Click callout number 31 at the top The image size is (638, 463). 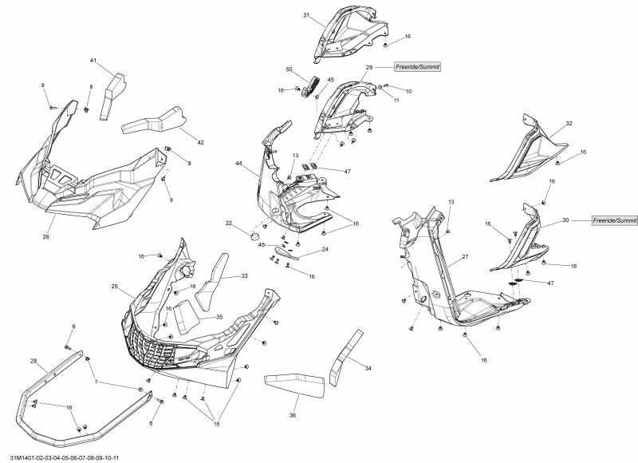[306, 16]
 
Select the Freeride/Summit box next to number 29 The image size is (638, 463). [418, 67]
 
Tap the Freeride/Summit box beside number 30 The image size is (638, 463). [615, 220]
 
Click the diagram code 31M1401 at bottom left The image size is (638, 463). [61, 457]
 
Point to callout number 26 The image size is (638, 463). [45, 237]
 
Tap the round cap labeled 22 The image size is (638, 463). [254, 236]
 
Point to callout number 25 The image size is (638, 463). [115, 286]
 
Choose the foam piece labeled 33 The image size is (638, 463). [211, 281]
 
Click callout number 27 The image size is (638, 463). [464, 257]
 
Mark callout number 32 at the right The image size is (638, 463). [569, 124]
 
